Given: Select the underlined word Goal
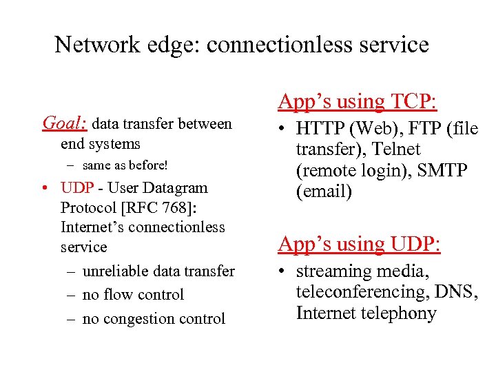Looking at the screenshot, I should (64, 123).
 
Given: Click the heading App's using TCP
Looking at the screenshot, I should (357, 101).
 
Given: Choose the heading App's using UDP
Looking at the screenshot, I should (358, 244).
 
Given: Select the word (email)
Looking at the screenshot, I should (324, 191).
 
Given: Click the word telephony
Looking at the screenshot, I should (403, 313).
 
